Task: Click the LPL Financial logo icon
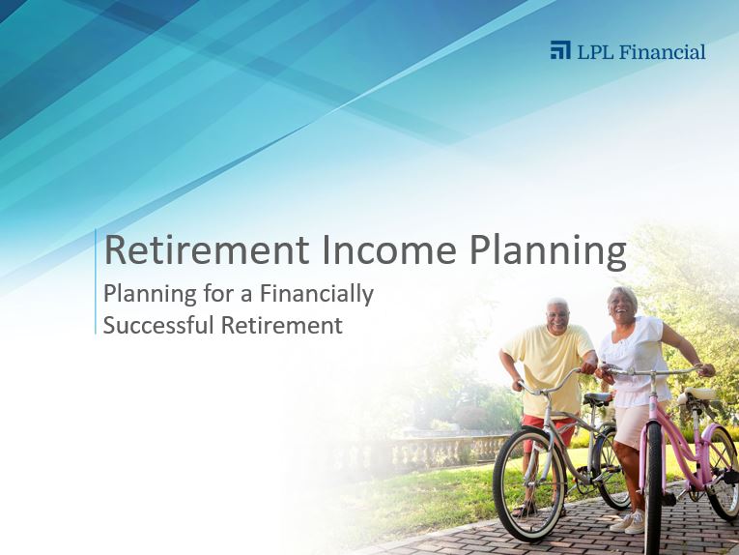click(560, 50)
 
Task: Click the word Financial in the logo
click(662, 51)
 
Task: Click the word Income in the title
click(389, 249)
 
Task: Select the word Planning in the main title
click(548, 252)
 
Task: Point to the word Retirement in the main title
click(207, 249)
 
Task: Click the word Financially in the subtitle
click(317, 294)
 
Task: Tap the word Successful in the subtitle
click(158, 325)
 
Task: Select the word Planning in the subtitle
click(150, 294)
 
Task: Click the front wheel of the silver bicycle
click(528, 483)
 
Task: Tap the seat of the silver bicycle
click(597, 398)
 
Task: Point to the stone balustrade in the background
click(447, 451)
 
